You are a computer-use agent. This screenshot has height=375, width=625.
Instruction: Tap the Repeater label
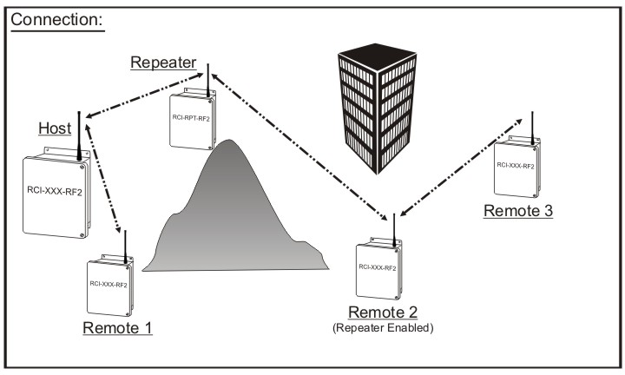click(x=163, y=62)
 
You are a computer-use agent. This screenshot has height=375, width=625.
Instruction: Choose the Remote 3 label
click(x=518, y=211)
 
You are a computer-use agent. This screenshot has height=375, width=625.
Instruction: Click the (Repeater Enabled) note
click(x=384, y=328)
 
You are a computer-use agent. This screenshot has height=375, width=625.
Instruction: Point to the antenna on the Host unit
click(x=79, y=135)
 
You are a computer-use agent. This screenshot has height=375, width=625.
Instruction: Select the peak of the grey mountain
click(x=228, y=142)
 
